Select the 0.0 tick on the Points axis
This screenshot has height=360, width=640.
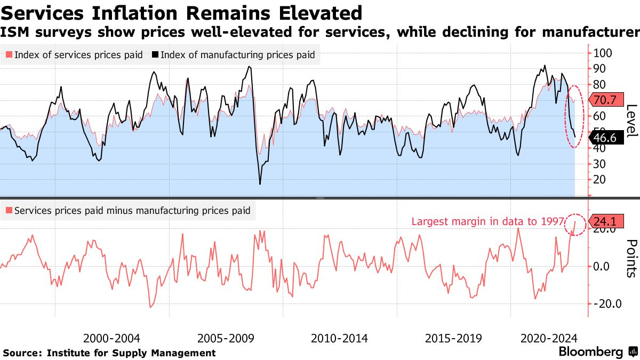pyautogui.click(x=604, y=266)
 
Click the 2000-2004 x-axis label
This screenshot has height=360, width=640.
pyautogui.click(x=112, y=339)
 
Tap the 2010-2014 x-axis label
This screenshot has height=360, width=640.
pyautogui.click(x=339, y=339)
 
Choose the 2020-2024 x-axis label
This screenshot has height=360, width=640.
pyautogui.click(x=549, y=339)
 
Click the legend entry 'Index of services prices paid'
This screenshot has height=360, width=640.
pyautogui.click(x=75, y=55)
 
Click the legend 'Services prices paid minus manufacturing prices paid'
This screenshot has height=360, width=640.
pyautogui.click(x=128, y=211)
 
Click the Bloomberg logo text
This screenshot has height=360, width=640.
pyautogui.click(x=591, y=352)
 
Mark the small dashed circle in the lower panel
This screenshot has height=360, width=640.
pyautogui.click(x=575, y=224)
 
